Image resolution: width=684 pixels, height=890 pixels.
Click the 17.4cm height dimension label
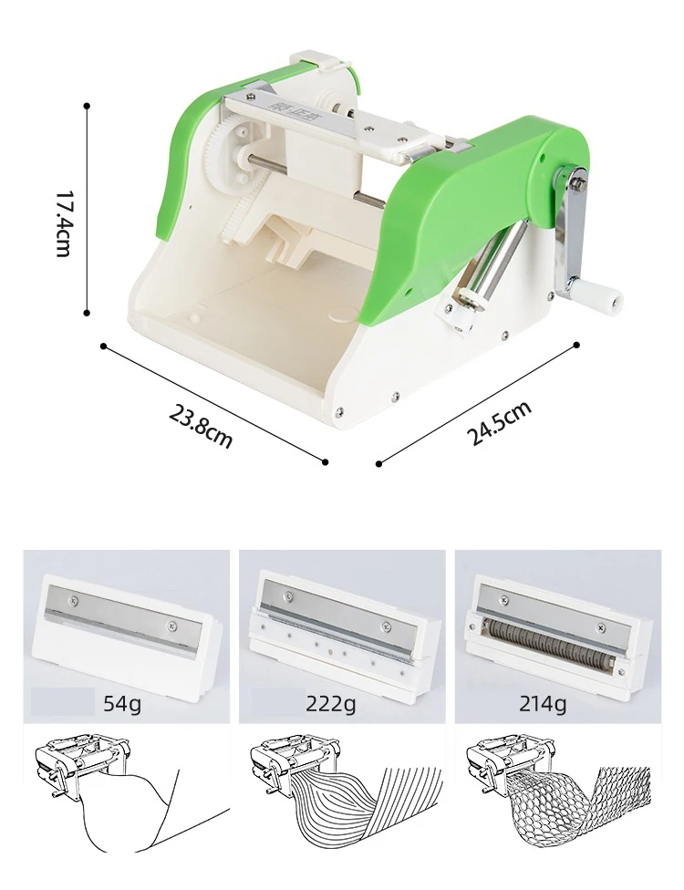click(63, 222)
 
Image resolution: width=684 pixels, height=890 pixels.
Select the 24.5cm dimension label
click(501, 422)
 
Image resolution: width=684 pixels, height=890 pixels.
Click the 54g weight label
click(122, 703)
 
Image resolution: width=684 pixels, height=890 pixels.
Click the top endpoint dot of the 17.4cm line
click(87, 106)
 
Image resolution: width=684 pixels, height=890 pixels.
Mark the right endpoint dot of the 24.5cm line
click(577, 345)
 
